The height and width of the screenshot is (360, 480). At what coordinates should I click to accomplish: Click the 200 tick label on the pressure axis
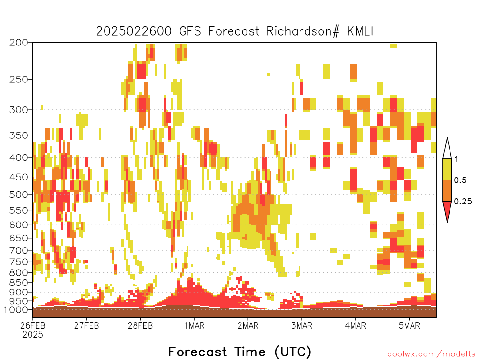click(18, 43)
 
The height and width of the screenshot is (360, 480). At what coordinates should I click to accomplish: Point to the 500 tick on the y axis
click(18, 195)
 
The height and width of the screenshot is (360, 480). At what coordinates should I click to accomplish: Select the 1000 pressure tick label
click(16, 309)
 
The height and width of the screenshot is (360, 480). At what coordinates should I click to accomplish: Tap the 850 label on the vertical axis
click(18, 283)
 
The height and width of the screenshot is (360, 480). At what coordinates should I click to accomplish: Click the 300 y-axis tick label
click(18, 110)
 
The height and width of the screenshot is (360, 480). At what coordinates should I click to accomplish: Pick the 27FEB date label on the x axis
click(87, 325)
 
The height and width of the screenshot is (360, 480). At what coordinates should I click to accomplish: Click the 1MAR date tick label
click(195, 325)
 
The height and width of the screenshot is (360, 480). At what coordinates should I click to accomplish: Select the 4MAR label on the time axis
click(355, 325)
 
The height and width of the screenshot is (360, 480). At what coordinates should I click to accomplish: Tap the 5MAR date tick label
click(409, 325)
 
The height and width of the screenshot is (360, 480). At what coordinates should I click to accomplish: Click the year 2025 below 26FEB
click(33, 335)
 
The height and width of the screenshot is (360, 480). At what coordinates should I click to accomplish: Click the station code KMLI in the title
click(360, 31)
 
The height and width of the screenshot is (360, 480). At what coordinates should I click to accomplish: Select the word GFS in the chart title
click(190, 31)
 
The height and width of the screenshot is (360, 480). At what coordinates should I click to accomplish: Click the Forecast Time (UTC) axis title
click(240, 352)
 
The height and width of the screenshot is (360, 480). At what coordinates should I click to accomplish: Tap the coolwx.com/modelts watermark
click(431, 354)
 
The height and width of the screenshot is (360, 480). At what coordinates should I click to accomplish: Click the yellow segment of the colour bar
click(447, 169)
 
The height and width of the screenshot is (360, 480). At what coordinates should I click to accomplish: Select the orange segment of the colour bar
click(447, 190)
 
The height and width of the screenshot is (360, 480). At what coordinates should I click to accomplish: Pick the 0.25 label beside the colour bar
click(463, 202)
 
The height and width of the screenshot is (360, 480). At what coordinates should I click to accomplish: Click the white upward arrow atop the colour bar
click(447, 149)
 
